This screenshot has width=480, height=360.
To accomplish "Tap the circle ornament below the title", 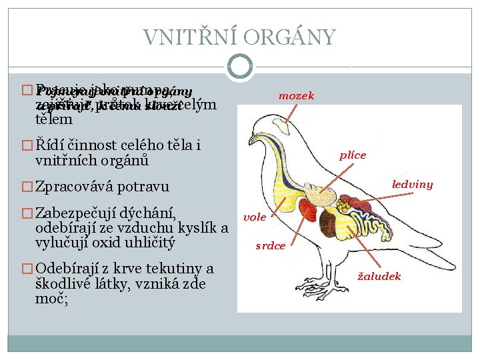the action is pyautogui.click(x=239, y=66).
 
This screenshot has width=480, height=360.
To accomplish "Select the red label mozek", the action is pyautogui.click(x=296, y=96).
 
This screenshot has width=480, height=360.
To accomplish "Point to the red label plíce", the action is pyautogui.click(x=352, y=155).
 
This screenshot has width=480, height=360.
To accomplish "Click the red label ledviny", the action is pyautogui.click(x=412, y=184).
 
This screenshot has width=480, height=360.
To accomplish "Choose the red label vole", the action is pyautogui.click(x=255, y=217).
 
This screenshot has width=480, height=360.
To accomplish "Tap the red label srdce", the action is pyautogui.click(x=271, y=245).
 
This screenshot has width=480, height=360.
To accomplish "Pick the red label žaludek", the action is pyautogui.click(x=380, y=275).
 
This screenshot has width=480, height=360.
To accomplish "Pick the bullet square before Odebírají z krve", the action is pyautogui.click(x=27, y=269).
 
